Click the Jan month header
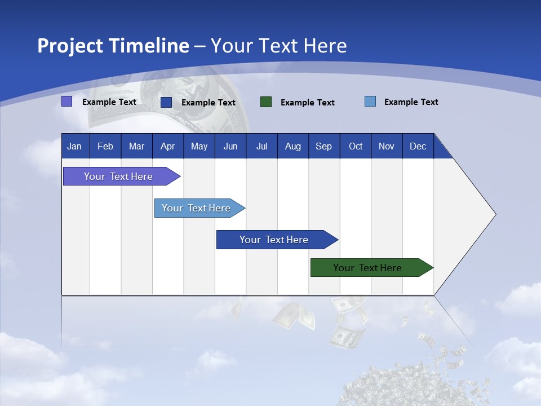pyautogui.click(x=74, y=147)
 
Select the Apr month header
pyautogui.click(x=167, y=147)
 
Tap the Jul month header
pyautogui.click(x=261, y=147)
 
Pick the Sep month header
pyautogui.click(x=323, y=147)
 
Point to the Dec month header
pyautogui.click(x=418, y=147)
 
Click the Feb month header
pyautogui.click(x=105, y=147)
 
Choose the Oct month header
pyautogui.click(x=356, y=147)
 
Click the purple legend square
pyautogui.click(x=66, y=101)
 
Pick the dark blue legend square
pyautogui.click(x=166, y=102)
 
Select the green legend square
pyautogui.click(x=266, y=102)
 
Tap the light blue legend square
pyautogui.click(x=370, y=101)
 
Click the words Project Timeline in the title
pyautogui.click(x=113, y=46)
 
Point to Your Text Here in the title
pyautogui.click(x=278, y=46)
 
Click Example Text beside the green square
pyautogui.click(x=307, y=103)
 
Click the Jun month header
pyautogui.click(x=230, y=147)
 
